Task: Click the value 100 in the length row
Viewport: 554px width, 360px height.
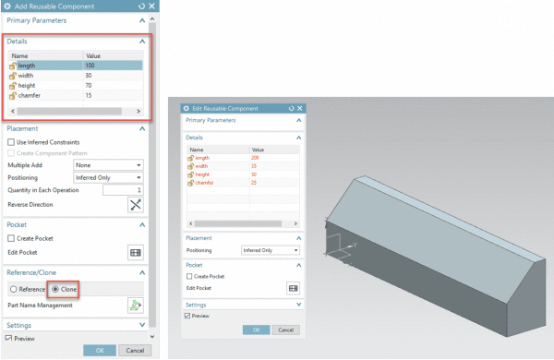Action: pyautogui.click(x=90, y=66)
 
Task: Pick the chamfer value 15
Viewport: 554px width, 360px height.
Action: pyautogui.click(x=90, y=95)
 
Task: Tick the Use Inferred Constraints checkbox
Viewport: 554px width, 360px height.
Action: pyautogui.click(x=11, y=143)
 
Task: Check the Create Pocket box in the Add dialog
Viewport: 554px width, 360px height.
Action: pyautogui.click(x=11, y=237)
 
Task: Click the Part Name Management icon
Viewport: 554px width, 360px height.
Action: pyautogui.click(x=135, y=305)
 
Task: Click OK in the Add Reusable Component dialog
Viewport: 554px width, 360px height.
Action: pyautogui.click(x=97, y=351)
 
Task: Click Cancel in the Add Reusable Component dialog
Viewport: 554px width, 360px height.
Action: pyautogui.click(x=132, y=351)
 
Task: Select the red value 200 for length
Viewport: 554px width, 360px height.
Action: pyautogui.click(x=255, y=158)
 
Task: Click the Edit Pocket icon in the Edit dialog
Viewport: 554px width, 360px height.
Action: pyautogui.click(x=293, y=288)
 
